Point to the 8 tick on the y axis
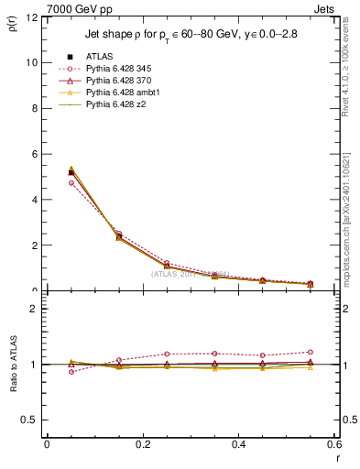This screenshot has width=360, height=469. tap(34, 108)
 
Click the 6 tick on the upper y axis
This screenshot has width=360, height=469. tap(34, 154)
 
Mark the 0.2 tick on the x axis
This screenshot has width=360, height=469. tap(142, 444)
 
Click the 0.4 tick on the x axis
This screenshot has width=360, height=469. tap(238, 444)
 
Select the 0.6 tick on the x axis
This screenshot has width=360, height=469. tap(333, 444)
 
